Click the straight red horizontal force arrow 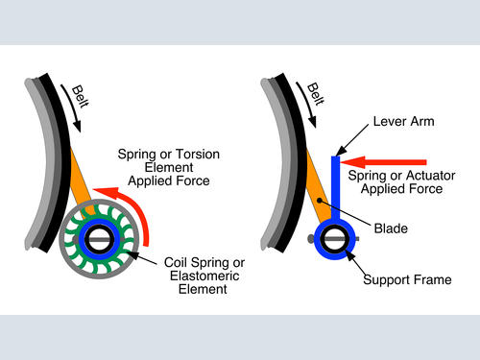(383, 162)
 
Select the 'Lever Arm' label (404, 122)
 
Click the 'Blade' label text (391, 228)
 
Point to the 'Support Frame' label (407, 279)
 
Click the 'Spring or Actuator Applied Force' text (401, 181)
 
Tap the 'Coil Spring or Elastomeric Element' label (204, 276)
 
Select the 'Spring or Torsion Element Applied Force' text (169, 167)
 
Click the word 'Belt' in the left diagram (80, 96)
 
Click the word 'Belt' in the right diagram (316, 94)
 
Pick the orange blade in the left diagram (82, 184)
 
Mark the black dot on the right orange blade (320, 201)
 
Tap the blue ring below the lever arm (335, 256)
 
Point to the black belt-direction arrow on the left (72, 108)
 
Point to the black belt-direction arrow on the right (307, 104)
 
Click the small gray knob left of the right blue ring (310, 238)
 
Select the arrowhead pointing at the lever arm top (341, 151)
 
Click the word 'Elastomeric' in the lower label (204, 276)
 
